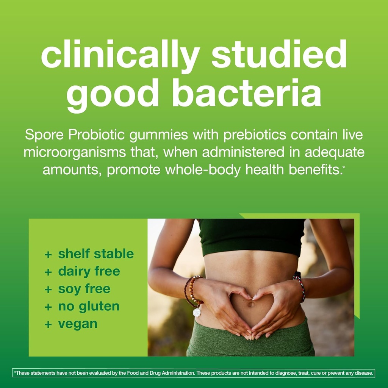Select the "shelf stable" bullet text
[x=96, y=254]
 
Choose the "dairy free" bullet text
[x=89, y=271]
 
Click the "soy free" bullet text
[x=84, y=289]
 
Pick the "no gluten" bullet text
[x=89, y=306]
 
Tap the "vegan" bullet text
[x=78, y=324]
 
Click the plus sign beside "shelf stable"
[x=48, y=254]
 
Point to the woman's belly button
[x=250, y=304]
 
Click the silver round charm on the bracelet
[x=197, y=312]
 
